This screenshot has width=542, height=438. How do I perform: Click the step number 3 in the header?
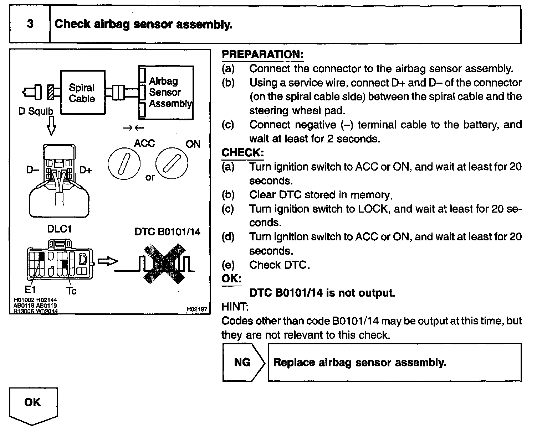(30, 24)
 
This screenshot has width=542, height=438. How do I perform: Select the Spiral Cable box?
(82, 93)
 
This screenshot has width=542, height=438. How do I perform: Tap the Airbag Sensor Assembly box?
(166, 93)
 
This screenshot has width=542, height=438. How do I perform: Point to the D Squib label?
(36, 111)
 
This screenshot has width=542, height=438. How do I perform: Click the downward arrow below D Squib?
(51, 127)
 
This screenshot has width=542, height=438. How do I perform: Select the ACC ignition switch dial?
(124, 163)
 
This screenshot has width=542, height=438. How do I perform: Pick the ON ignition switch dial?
(172, 163)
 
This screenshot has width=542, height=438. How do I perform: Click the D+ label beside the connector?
(86, 170)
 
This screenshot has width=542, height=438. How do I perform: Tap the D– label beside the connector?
(32, 170)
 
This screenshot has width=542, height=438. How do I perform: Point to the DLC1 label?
(59, 229)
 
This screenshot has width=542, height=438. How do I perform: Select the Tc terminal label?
(72, 291)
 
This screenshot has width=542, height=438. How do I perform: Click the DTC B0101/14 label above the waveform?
(167, 232)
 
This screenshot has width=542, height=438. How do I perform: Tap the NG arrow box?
(243, 363)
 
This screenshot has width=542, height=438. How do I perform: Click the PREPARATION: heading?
(262, 54)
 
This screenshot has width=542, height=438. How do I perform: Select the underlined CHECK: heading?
(242, 153)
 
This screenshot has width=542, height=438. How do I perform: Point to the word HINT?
(235, 307)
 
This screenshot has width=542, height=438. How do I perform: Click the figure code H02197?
(196, 309)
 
